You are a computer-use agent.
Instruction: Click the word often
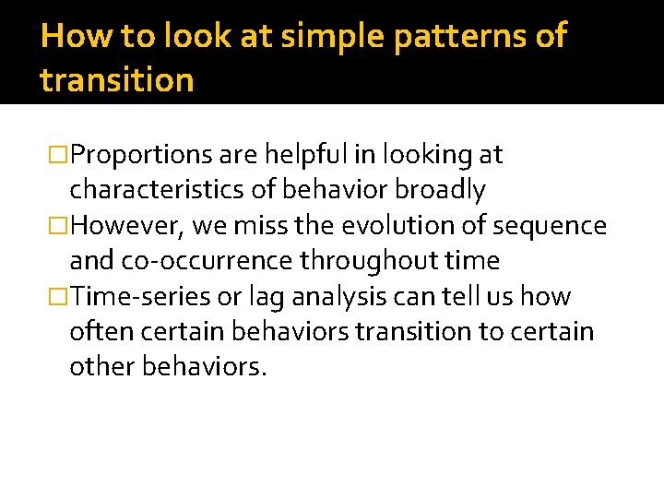(x=99, y=332)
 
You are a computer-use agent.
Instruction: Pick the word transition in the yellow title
(x=117, y=80)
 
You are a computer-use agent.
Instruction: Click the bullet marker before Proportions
(x=59, y=155)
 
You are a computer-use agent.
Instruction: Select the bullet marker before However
(x=59, y=226)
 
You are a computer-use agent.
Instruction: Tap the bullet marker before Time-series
(x=59, y=297)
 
